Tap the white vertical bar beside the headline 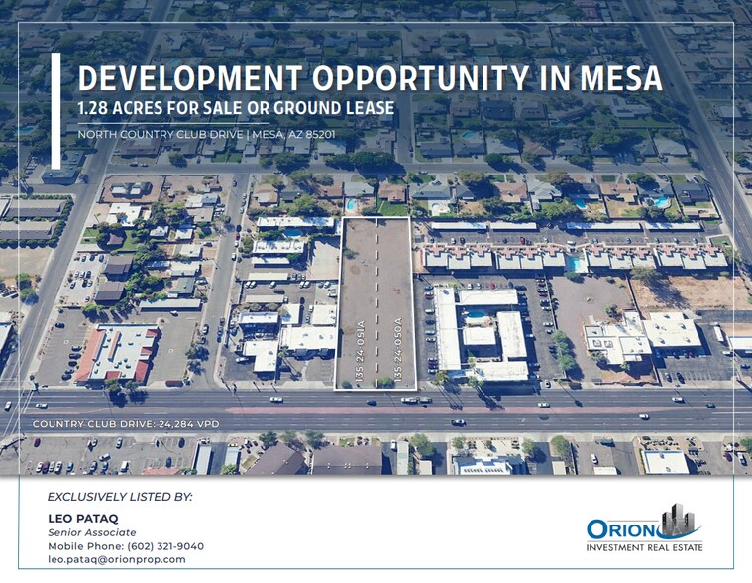pyautogui.click(x=55, y=111)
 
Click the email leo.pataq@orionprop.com pyautogui.click(x=117, y=560)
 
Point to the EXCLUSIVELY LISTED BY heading pyautogui.click(x=120, y=496)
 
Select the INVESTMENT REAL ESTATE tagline pyautogui.click(x=645, y=548)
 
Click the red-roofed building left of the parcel pyautogui.click(x=117, y=352)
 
